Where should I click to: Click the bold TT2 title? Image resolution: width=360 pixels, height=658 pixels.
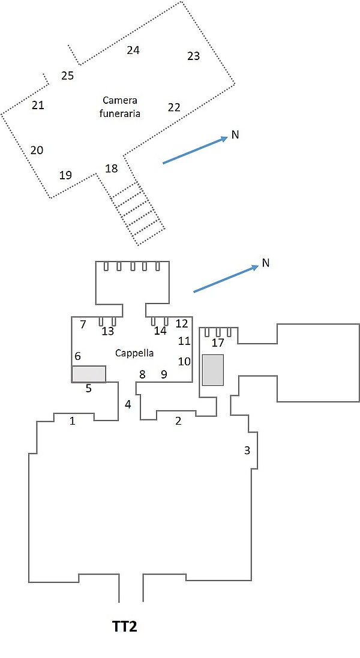[x=125, y=627]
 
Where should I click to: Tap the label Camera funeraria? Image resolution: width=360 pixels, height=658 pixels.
[x=119, y=107]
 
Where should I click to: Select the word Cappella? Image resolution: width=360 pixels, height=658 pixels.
[x=134, y=353]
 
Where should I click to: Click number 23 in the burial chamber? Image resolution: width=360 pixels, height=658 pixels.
[x=193, y=56]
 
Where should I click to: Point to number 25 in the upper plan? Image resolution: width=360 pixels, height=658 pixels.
[x=68, y=76]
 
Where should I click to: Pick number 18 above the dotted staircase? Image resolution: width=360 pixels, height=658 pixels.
[x=112, y=169]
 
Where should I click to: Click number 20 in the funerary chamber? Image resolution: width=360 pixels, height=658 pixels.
[x=37, y=150]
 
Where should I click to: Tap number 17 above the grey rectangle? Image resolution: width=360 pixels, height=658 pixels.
[x=218, y=343]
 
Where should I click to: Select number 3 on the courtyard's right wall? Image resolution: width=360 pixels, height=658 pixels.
[x=247, y=450]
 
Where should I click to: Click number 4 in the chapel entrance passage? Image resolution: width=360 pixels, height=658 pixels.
[x=128, y=404]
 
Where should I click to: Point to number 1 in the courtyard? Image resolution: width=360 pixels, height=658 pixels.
[x=72, y=420]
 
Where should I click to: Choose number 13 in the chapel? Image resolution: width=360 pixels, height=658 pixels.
[x=108, y=331]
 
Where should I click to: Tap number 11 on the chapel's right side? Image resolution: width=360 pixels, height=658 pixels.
[x=184, y=340]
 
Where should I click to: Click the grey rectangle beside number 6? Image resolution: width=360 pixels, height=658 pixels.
[x=89, y=374]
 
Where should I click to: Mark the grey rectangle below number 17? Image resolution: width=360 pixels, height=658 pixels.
[x=213, y=369]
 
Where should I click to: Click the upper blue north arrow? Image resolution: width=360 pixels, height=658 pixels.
[x=195, y=150]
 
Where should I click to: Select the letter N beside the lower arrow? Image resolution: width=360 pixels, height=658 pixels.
[x=265, y=263]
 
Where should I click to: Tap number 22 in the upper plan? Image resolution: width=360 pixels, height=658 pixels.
[x=174, y=107]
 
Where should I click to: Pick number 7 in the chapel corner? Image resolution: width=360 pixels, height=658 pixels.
[x=83, y=324]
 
